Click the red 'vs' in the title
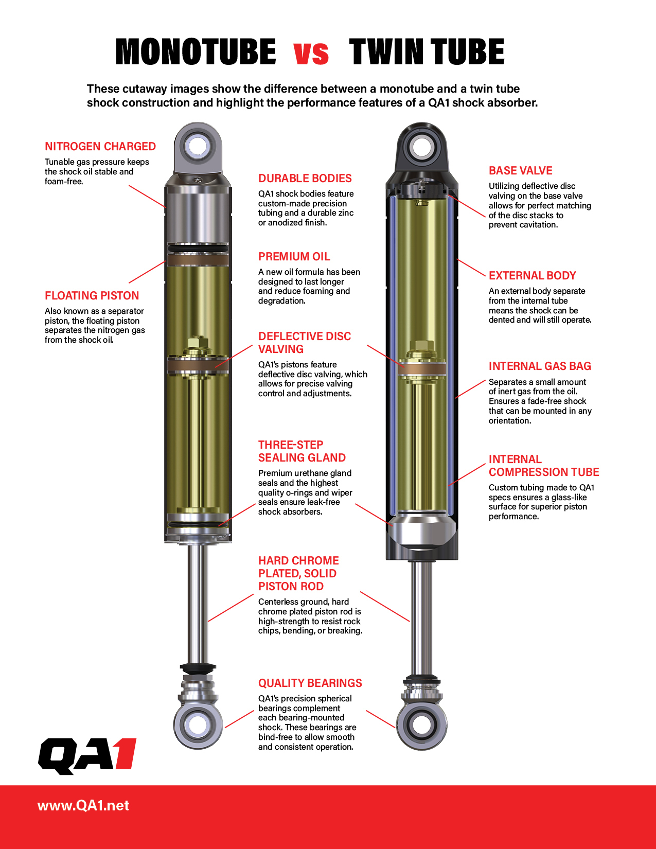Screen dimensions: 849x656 pos(311,53)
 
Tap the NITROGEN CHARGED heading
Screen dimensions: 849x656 pos(100,147)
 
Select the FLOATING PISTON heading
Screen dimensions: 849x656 pos(92,296)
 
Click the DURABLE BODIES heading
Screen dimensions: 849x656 pos(305,179)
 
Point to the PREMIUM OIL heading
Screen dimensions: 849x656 pos(294,257)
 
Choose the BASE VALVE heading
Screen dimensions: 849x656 pos(520,171)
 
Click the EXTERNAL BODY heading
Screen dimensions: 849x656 pos(532,276)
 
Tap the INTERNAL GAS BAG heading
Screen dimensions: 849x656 pos(540,366)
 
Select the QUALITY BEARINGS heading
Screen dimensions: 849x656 pos(310,683)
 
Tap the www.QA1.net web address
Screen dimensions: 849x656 pos(83,806)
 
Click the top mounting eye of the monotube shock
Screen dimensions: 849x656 pos(198,146)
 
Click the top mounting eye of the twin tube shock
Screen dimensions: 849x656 pos(421,148)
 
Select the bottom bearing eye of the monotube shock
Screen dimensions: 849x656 pos(198,724)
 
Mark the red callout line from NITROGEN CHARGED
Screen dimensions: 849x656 pos(147,196)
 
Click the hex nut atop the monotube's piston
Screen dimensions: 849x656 pos(198,343)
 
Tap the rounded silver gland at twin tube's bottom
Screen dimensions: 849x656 pos(421,530)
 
